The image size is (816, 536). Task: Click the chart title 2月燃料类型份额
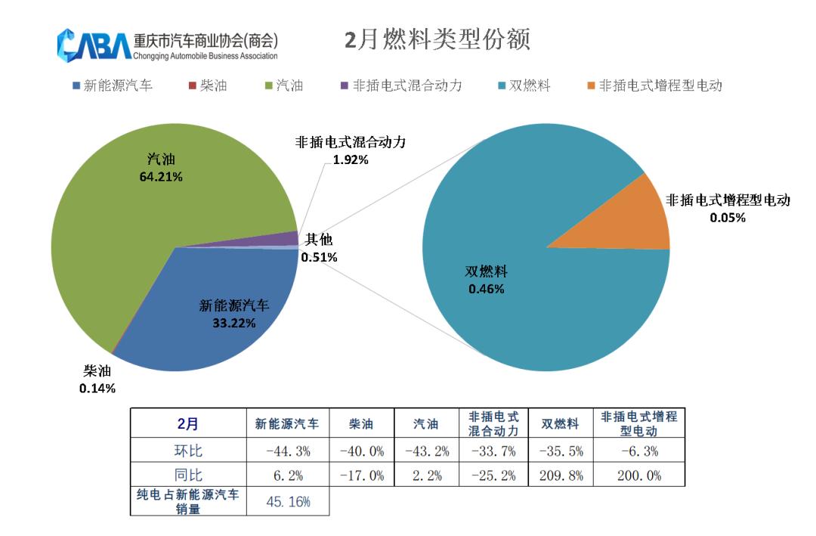(x=437, y=40)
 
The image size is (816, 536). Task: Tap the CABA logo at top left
(x=94, y=45)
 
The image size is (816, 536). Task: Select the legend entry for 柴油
(x=208, y=85)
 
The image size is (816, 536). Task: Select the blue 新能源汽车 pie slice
(x=219, y=333)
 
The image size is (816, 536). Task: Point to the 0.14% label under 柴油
(x=97, y=389)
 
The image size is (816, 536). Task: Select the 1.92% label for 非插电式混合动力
(x=351, y=160)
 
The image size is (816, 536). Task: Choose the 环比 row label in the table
(x=188, y=451)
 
